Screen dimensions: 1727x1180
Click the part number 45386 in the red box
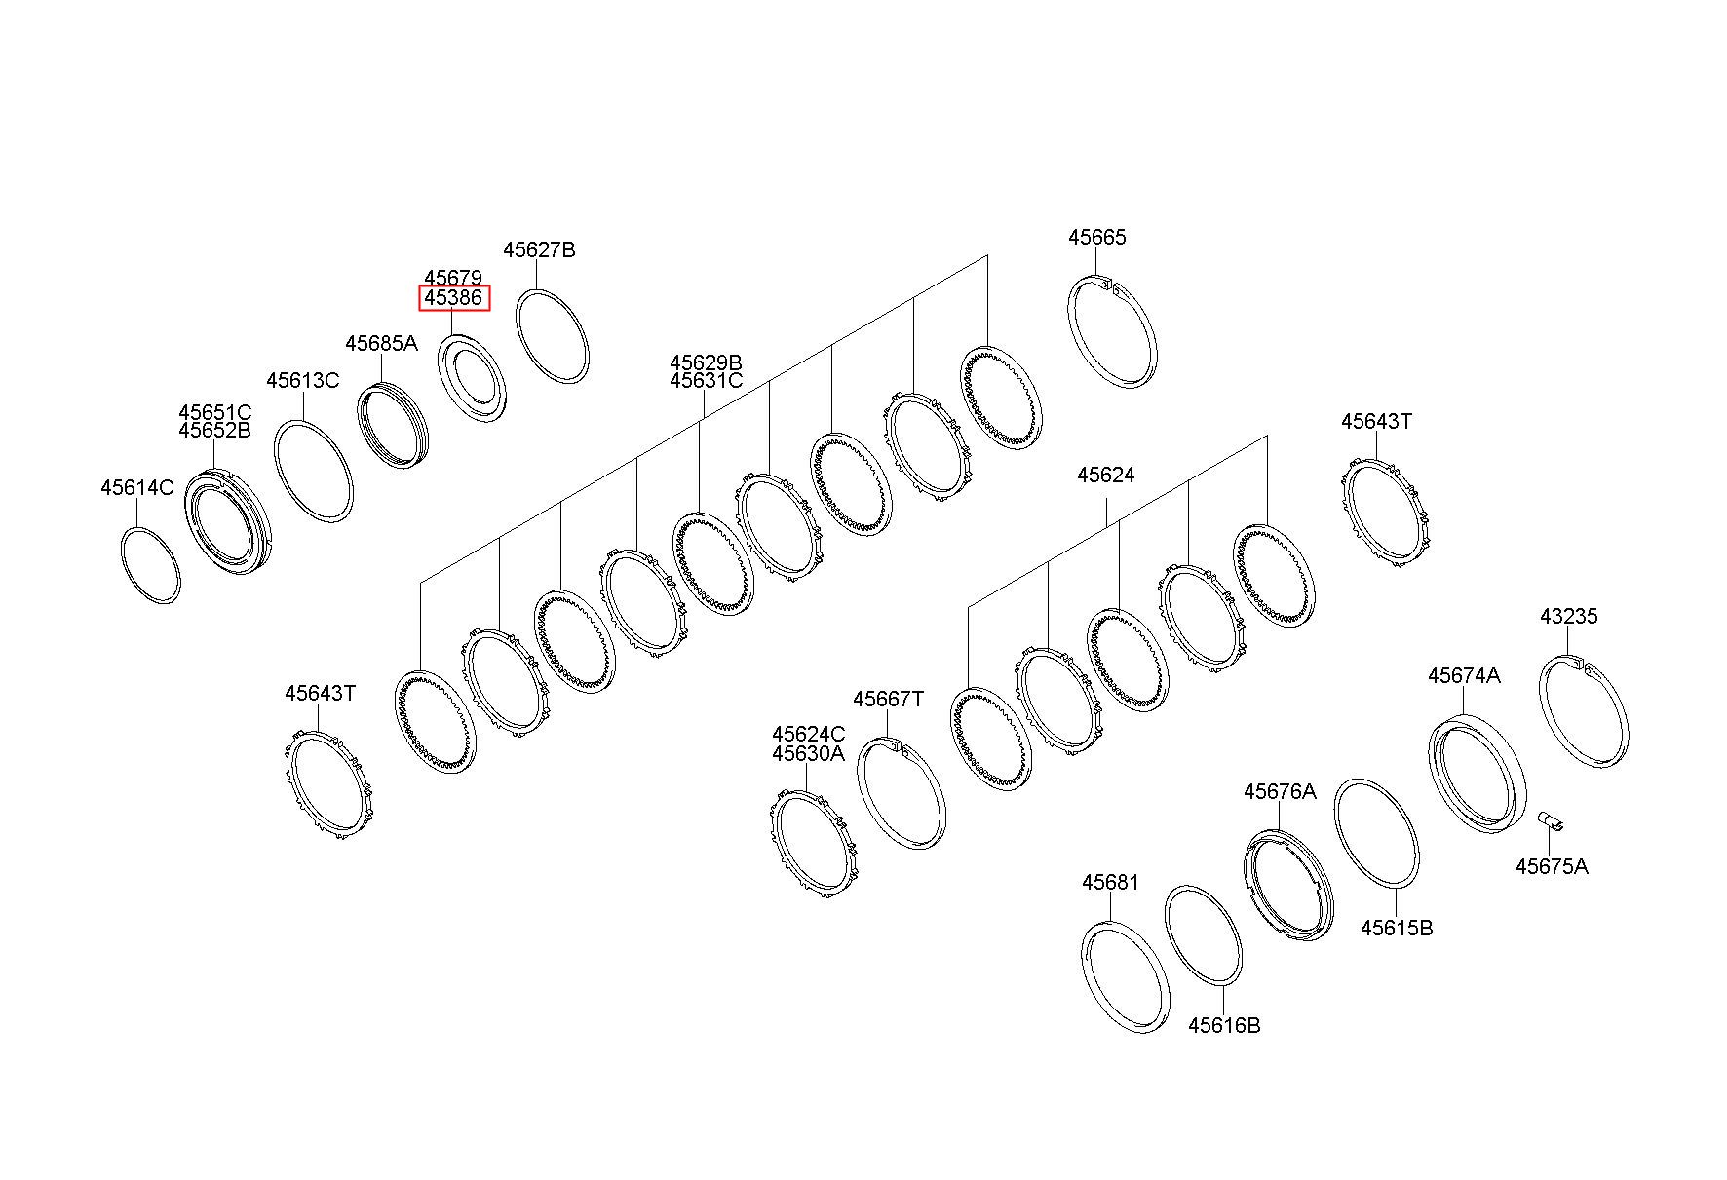pos(454,298)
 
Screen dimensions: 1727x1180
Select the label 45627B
pos(539,249)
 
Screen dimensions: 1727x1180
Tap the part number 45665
pos(1096,237)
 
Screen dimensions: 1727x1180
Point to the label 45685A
pos(381,343)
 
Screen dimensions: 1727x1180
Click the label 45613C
pos(303,380)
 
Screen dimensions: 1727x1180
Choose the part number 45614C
pos(136,487)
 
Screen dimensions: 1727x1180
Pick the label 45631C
pos(706,381)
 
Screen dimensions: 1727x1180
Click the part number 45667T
pos(888,699)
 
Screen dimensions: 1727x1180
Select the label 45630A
pos(809,753)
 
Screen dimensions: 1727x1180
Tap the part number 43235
pos(1569,616)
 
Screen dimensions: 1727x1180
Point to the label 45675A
pos(1552,866)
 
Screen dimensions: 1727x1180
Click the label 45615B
pos(1397,928)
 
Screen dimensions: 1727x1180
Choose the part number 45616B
pos(1224,1025)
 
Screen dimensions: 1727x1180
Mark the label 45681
pos(1110,882)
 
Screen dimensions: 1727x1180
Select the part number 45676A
pos(1280,791)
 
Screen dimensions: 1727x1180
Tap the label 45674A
pos(1465,675)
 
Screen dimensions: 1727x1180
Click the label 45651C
pos(214,412)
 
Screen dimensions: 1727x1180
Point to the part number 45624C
pos(809,734)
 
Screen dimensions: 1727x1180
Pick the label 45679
pos(453,279)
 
